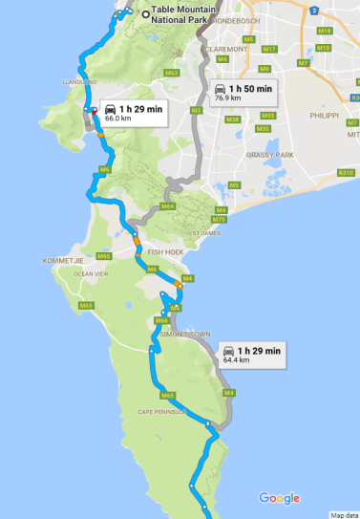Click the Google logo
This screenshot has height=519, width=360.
(279, 498)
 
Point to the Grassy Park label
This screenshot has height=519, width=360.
(263, 154)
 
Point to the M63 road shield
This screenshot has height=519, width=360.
(172, 73)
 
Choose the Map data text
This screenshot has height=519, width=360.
(344, 514)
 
